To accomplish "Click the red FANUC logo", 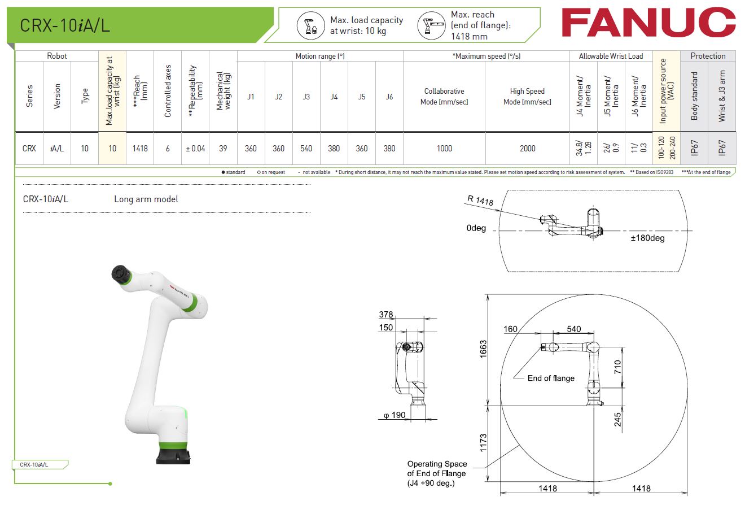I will point(648,23).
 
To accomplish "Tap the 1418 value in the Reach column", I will point(140,149).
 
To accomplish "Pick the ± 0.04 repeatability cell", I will point(195,149).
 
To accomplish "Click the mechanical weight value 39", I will point(223,149).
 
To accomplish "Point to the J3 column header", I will point(306,97).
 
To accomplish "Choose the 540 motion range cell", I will point(306,149).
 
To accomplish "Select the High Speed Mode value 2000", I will point(527,149).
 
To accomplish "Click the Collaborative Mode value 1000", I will point(444,149).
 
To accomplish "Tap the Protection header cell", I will point(708,56).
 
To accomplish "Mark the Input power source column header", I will point(667,91).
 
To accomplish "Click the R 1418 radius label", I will point(480,200).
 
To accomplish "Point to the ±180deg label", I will point(647,238).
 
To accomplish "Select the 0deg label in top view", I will point(476,229).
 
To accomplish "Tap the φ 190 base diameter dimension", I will point(395,415).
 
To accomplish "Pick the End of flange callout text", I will point(551,378).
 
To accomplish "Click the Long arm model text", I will point(146,199).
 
